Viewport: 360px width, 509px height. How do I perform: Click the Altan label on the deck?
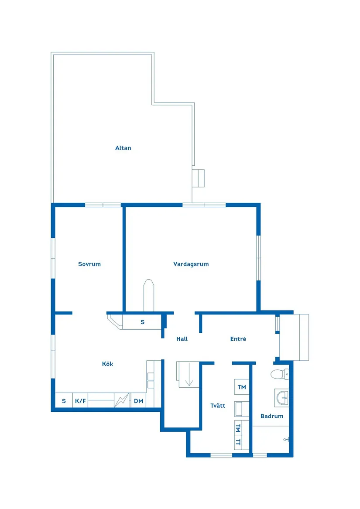(123, 148)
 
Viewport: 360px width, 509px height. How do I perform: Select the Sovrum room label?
(89, 264)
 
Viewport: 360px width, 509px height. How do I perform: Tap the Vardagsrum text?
(191, 264)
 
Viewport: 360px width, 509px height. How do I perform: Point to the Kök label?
(107, 364)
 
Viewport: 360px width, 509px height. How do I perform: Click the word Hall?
(182, 339)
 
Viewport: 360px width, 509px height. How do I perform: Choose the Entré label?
(238, 339)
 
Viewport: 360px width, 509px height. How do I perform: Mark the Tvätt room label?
(218, 406)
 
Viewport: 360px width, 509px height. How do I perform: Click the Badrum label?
(272, 416)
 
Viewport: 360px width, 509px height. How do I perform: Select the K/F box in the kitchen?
(80, 401)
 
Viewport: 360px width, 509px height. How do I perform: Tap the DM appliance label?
(138, 401)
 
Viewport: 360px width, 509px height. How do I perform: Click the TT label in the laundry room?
(238, 442)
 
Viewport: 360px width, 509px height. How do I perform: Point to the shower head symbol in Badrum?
(286, 440)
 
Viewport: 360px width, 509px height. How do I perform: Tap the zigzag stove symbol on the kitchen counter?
(122, 400)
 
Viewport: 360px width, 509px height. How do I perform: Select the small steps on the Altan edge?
(199, 178)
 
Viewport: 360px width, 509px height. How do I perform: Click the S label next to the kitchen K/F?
(64, 401)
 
